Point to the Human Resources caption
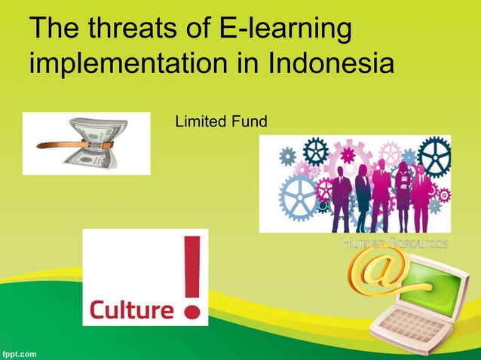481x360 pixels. click(x=395, y=243)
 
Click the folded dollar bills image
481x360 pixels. click(x=86, y=143)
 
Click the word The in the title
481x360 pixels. click(x=55, y=29)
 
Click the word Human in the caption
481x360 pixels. click(x=360, y=243)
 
